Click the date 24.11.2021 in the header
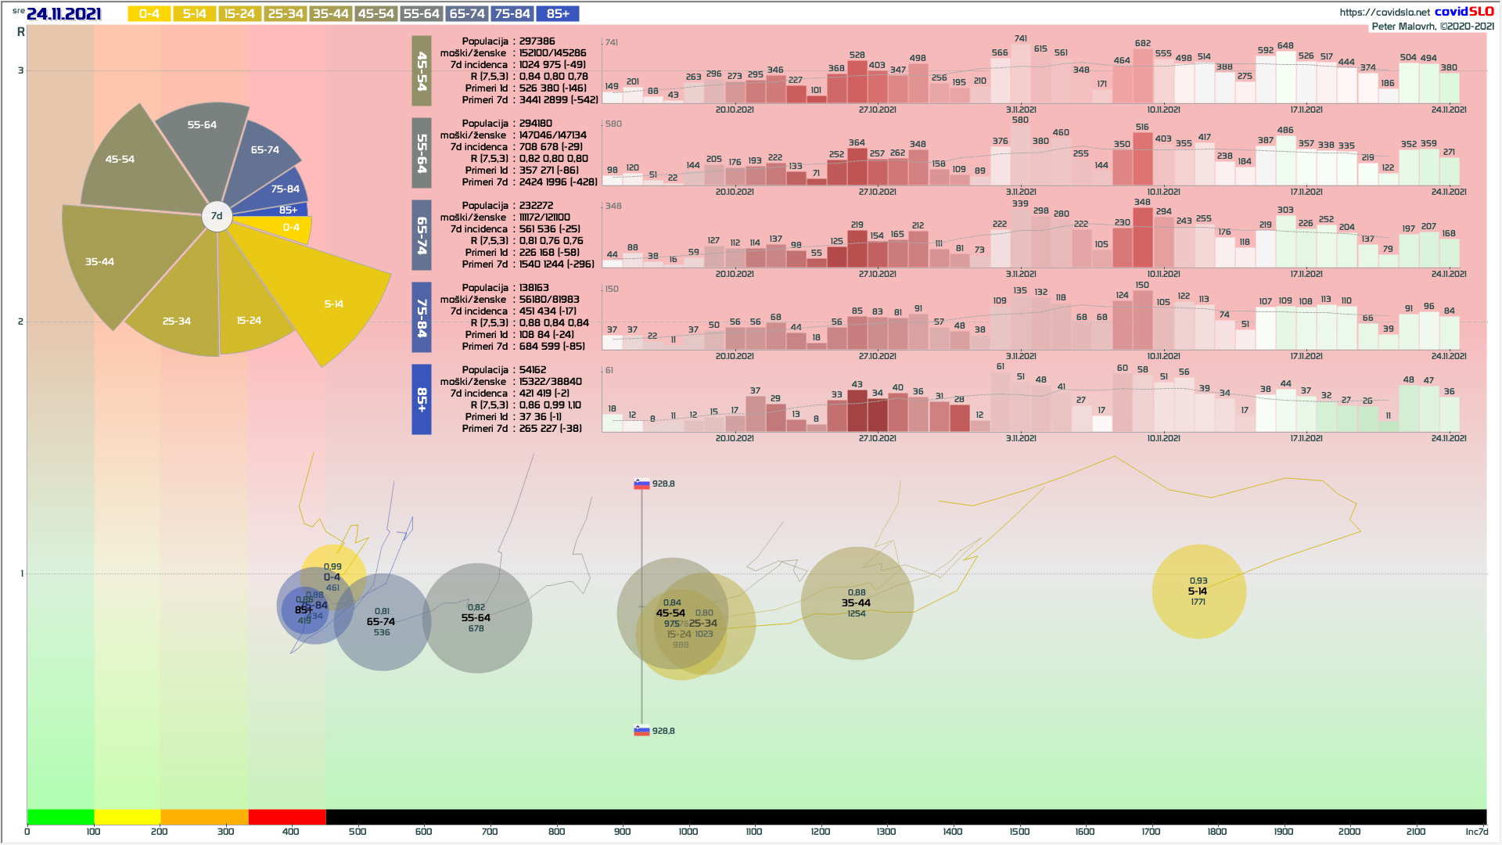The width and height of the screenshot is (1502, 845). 63,14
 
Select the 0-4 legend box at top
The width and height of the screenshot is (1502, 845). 149,14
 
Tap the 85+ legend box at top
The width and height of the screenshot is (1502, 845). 558,14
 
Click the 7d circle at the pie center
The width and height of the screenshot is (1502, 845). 217,216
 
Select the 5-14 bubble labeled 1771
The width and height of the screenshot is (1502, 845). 1198,591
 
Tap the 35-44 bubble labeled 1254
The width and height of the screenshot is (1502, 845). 857,603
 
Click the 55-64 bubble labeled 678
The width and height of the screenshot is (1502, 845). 476,618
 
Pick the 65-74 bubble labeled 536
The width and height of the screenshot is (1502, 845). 381,622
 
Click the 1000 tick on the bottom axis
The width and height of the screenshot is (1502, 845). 688,832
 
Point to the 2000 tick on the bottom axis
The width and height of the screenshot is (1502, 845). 1349,832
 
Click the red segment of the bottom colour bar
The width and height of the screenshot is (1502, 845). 287,817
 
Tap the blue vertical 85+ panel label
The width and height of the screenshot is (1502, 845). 422,399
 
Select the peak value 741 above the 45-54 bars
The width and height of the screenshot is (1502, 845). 1021,38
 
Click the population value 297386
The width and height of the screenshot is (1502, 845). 537,41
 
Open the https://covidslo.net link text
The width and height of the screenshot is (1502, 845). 1385,12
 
